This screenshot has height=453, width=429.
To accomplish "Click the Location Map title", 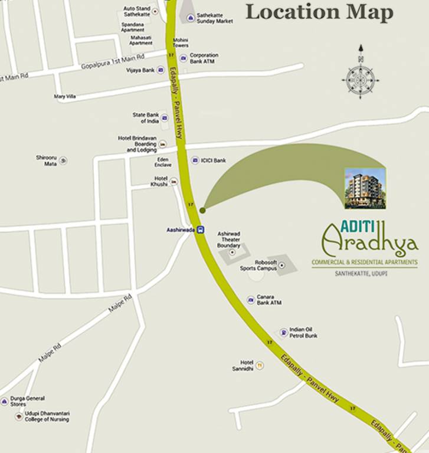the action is pyautogui.click(x=319, y=12).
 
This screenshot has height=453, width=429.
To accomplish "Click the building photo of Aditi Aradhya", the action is pyautogui.click(x=365, y=188).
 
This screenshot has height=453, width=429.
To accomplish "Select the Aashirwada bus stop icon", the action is pyautogui.click(x=201, y=229).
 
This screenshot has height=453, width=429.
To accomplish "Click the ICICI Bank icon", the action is pyautogui.click(x=195, y=160).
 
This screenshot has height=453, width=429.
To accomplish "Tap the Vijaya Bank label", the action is pyautogui.click(x=140, y=70).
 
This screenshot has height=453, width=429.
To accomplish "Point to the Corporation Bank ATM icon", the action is pyautogui.click(x=183, y=58).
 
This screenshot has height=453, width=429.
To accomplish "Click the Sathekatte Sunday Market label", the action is pyautogui.click(x=215, y=18).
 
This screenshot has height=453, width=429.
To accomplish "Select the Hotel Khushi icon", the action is pyautogui.click(x=173, y=181).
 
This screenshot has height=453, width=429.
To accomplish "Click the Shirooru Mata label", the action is pyautogui.click(x=46, y=160).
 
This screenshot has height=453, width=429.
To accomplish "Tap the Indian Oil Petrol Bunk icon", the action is pyautogui.click(x=284, y=333).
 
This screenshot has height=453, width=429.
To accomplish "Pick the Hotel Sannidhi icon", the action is pyautogui.click(x=259, y=366).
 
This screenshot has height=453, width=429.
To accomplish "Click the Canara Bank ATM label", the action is pyautogui.click(x=269, y=300).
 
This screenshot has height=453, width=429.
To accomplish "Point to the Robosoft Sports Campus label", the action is pyautogui.click(x=258, y=265).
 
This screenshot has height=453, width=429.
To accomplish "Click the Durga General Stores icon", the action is pyautogui.click(x=5, y=401).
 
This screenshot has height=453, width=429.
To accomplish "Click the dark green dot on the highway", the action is pyautogui.click(x=202, y=210).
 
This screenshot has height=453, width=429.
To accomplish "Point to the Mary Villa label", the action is pyautogui.click(x=65, y=96).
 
